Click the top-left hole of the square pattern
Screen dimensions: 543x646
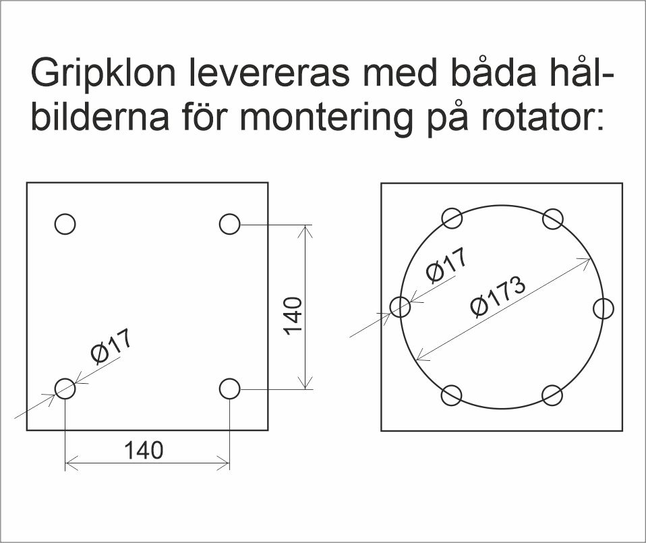tap(65, 224)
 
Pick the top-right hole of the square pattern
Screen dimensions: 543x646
tap(230, 224)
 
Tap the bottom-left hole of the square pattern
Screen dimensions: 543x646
tap(65, 389)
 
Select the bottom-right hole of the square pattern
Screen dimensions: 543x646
tap(230, 389)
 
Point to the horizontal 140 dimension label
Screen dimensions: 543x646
tap(144, 449)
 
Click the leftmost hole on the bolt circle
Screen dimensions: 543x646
tap(401, 307)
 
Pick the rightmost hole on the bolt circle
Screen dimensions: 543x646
tap(604, 308)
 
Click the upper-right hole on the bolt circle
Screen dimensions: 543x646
tap(553, 219)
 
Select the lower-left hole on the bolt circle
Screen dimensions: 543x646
tap(452, 395)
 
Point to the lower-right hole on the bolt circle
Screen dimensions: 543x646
tap(552, 395)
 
